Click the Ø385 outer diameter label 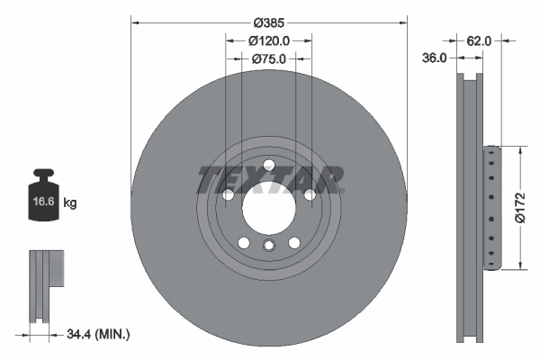[x=268, y=21]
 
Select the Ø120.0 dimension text [x=268, y=40]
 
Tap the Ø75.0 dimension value [x=268, y=59]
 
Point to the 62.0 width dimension [x=479, y=40]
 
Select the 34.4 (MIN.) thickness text [x=99, y=335]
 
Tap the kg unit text [x=70, y=203]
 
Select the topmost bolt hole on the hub [x=268, y=163]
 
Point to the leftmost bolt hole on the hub [x=228, y=194]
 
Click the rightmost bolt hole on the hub [x=309, y=194]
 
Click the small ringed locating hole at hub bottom [x=268, y=246]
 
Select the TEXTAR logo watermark [x=268, y=179]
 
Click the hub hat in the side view [x=490, y=208]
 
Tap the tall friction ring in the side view [x=469, y=207]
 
